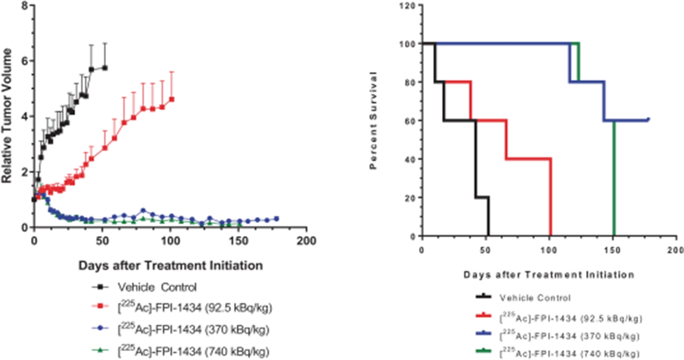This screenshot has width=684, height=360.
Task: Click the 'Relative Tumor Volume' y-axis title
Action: (x=7, y=116)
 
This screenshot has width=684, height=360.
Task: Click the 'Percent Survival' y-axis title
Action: (x=373, y=120)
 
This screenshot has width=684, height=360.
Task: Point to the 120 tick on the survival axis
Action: (x=409, y=6)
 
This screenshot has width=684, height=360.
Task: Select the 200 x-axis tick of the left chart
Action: (x=307, y=241)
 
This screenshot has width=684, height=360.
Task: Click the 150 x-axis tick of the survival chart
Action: (x=612, y=250)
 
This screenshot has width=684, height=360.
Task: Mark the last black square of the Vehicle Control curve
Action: (x=105, y=68)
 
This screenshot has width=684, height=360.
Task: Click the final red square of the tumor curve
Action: (x=172, y=99)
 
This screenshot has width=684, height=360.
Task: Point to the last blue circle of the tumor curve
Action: (x=277, y=219)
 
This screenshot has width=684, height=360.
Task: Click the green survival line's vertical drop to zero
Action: (x=614, y=180)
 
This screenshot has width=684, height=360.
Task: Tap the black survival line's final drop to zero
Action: (x=489, y=218)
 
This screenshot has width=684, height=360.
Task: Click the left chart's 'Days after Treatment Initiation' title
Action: (x=170, y=266)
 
